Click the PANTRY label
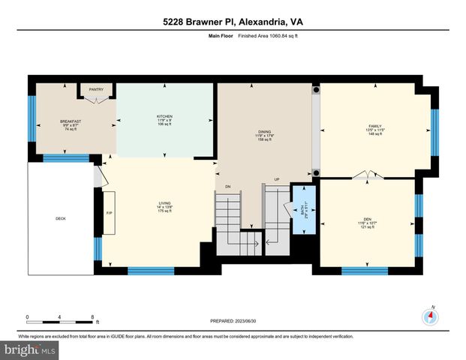(96, 90)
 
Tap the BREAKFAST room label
(71, 121)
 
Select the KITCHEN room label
(165, 116)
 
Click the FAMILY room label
(375, 127)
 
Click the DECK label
(60, 219)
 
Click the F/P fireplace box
(109, 214)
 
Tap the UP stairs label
(276, 179)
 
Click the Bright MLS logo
(31, 349)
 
